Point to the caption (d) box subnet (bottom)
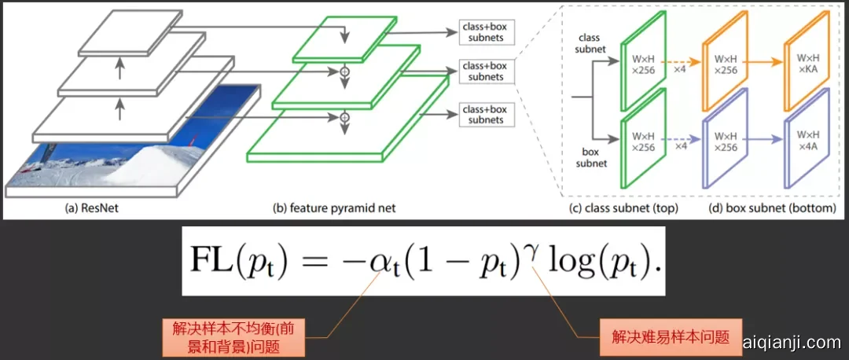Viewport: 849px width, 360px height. (761, 208)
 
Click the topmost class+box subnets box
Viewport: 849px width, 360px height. (483, 33)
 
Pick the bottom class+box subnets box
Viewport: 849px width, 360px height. (483, 114)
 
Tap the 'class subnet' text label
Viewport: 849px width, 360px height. (590, 43)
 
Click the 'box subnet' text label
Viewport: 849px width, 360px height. (590, 157)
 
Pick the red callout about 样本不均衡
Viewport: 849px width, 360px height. (233, 336)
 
